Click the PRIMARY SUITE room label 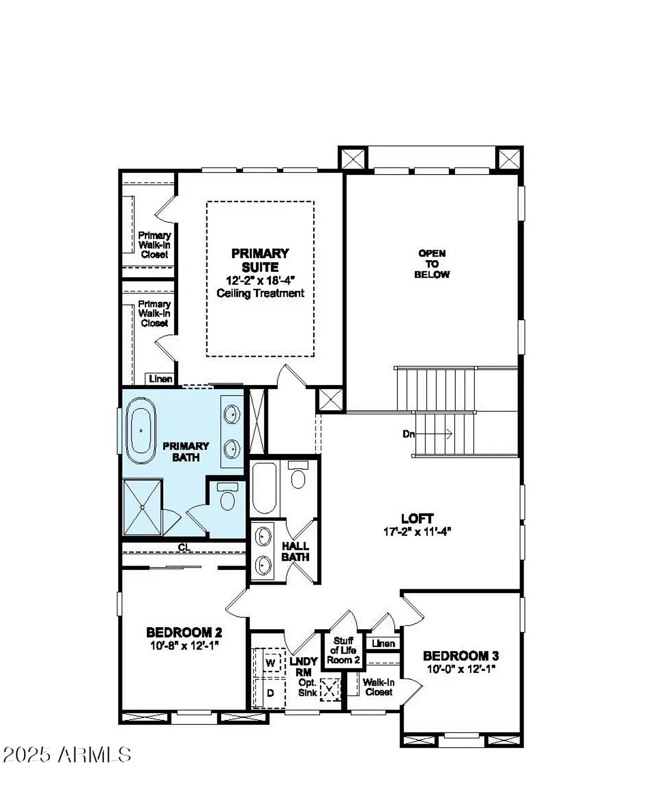tap(260, 260)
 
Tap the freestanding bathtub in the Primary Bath tap(141, 430)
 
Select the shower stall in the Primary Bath tap(142, 507)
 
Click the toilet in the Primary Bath tap(227, 498)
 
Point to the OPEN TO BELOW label tap(432, 264)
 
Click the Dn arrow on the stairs tap(427, 434)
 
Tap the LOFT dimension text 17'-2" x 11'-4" tap(417, 532)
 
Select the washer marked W tap(271, 663)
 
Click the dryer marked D tap(270, 693)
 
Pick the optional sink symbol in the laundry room tap(330, 689)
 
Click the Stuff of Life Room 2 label tap(343, 650)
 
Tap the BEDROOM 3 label tap(461, 656)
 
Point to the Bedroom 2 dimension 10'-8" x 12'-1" tap(184, 646)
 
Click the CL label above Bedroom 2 tap(184, 548)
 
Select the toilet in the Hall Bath tap(298, 477)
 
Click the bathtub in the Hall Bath tap(264, 489)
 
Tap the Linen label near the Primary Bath tap(160, 379)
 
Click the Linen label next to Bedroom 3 tap(383, 643)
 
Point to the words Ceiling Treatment tap(260, 293)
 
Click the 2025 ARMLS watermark tap(67, 755)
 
